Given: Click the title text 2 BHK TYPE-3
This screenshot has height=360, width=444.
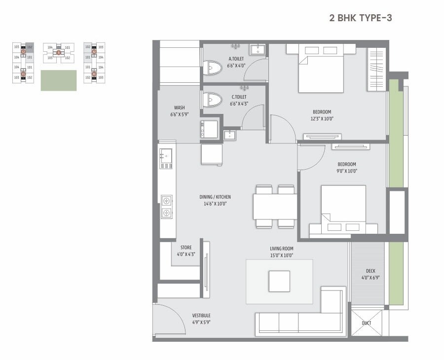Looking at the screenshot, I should click(360, 18).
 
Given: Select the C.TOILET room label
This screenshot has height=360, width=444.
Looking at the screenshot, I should click(239, 101).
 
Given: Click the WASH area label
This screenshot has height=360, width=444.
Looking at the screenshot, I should click(179, 111).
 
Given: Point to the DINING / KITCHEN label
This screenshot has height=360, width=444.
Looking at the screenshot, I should click(215, 200).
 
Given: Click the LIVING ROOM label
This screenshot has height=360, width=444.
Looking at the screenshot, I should click(281, 252).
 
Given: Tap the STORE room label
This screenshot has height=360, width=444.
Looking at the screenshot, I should click(185, 251).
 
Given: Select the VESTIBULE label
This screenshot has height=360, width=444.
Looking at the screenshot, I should click(201, 319).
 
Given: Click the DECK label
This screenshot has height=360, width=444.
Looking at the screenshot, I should click(370, 274).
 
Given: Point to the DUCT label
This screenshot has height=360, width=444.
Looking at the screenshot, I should click(367, 323).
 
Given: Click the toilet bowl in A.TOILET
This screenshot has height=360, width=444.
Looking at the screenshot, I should click(213, 68).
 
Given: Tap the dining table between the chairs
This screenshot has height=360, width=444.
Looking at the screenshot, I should click(275, 207).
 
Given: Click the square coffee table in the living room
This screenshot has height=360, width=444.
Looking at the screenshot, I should click(279, 282).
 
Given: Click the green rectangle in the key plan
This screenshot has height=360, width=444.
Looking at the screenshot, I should click(58, 80).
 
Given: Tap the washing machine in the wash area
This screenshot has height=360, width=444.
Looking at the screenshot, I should click(208, 129).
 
